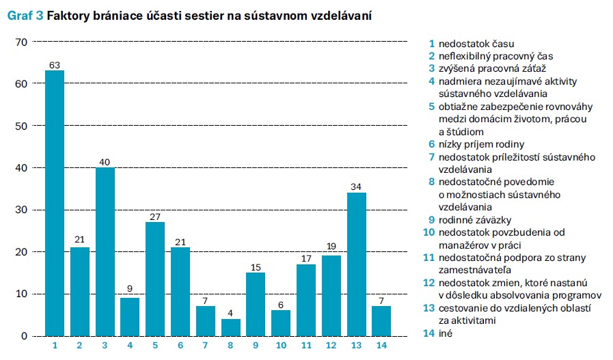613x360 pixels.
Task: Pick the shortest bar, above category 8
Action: coord(231,327)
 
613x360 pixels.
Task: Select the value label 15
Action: coord(256,267)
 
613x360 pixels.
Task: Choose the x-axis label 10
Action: coord(281,346)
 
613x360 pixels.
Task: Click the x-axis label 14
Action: coord(381,346)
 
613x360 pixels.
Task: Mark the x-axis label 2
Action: coord(80,346)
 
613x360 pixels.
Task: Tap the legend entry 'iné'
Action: coord(447,333)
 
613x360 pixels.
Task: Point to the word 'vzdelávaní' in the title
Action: coord(342,15)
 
